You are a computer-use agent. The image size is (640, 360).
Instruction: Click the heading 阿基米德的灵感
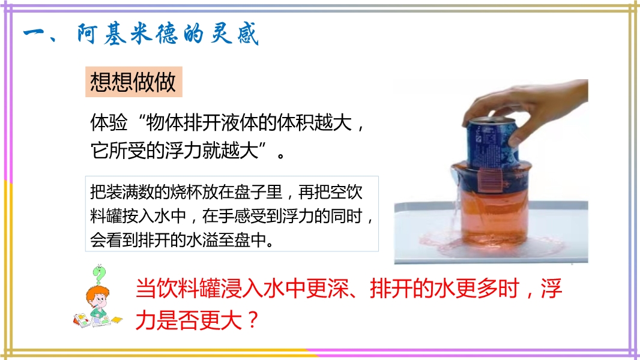(x=168, y=34)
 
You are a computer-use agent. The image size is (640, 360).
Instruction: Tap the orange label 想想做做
(x=133, y=82)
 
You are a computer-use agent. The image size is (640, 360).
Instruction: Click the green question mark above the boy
(x=99, y=274)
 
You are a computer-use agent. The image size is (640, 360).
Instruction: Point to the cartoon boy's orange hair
(x=97, y=292)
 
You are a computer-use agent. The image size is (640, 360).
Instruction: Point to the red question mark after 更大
(x=253, y=320)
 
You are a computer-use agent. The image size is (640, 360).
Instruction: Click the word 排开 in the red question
(x=391, y=288)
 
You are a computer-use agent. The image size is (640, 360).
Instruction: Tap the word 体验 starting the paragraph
(x=109, y=122)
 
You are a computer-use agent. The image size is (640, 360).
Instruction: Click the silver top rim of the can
(x=492, y=120)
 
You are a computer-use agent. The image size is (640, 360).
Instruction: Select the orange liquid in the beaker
(x=492, y=216)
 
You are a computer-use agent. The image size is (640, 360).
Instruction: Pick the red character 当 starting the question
(x=146, y=289)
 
